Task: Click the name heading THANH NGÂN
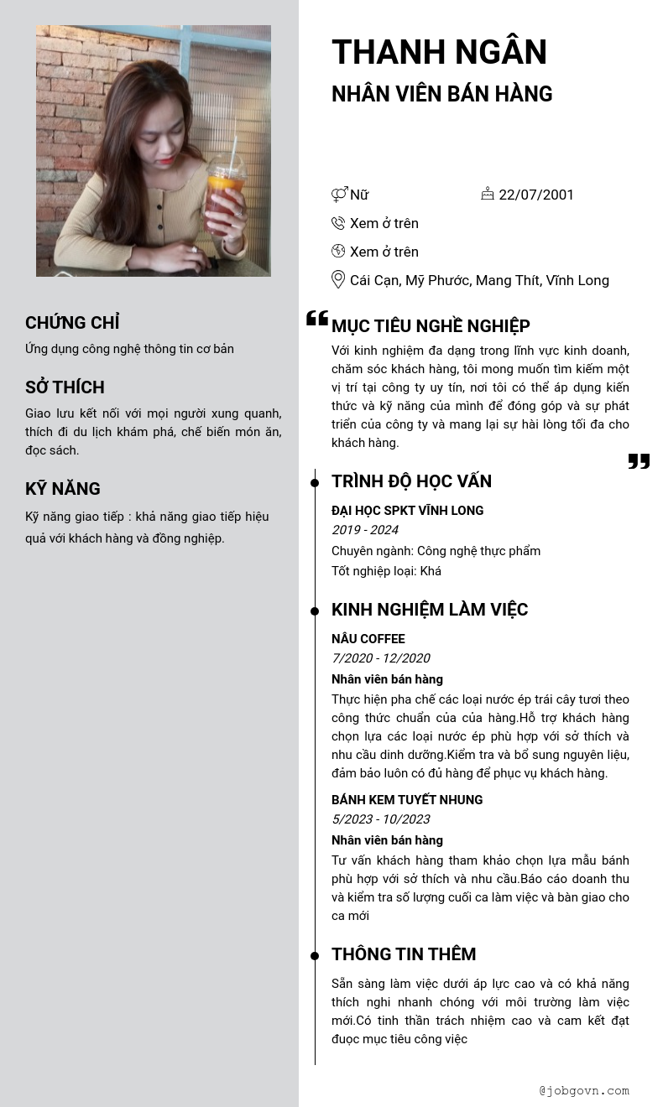(x=439, y=52)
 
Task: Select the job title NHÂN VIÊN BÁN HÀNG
(x=441, y=94)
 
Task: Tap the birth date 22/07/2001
(x=536, y=195)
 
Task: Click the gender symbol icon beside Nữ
(x=339, y=195)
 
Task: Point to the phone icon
(x=338, y=223)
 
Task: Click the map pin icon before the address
(x=338, y=279)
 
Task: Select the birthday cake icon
(x=488, y=194)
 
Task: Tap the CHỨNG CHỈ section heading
(x=72, y=323)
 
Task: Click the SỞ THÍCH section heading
(x=65, y=387)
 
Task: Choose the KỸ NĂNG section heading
(x=63, y=489)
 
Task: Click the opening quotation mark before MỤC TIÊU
(x=316, y=318)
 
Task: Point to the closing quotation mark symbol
(x=639, y=461)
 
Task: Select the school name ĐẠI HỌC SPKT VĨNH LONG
(x=407, y=511)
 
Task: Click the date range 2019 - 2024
(x=365, y=530)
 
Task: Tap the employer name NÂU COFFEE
(x=368, y=639)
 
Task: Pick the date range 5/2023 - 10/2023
(x=380, y=819)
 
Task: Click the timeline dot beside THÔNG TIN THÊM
(x=315, y=955)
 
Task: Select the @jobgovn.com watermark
(x=584, y=1090)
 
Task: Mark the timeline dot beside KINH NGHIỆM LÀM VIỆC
(x=315, y=611)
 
